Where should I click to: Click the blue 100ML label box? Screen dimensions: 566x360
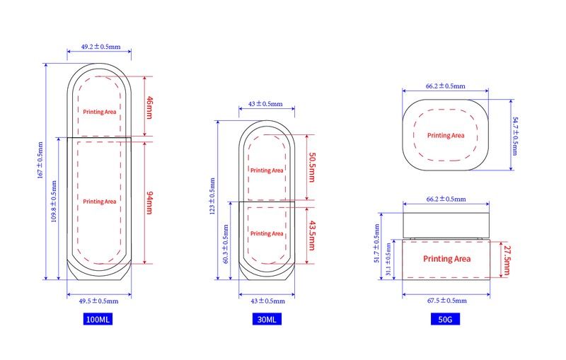click(x=98, y=319)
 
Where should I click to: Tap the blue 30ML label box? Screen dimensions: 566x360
click(x=267, y=319)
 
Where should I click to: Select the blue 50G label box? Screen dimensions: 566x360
click(x=445, y=319)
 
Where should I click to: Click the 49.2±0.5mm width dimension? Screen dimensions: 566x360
click(x=100, y=47)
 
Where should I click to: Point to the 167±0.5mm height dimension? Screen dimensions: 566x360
click(x=40, y=160)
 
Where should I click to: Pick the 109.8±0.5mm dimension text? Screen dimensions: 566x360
click(x=54, y=202)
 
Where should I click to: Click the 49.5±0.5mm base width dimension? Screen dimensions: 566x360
click(x=98, y=301)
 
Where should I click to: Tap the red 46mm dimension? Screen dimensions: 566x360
click(x=149, y=108)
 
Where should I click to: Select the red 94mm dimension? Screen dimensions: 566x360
click(x=149, y=203)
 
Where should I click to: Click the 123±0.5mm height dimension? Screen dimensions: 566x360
click(x=212, y=196)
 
